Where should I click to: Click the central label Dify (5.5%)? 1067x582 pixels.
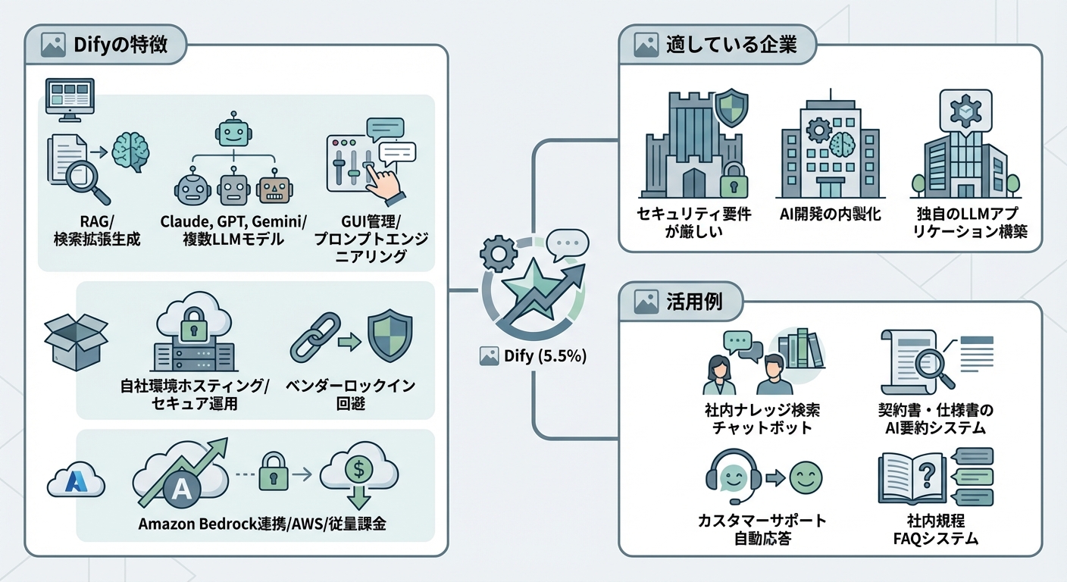tap(543, 355)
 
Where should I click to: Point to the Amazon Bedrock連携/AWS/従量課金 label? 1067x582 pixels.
tap(262, 524)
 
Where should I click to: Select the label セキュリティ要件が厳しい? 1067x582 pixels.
tap(693, 223)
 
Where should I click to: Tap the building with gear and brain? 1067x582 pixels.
tap(830, 148)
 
